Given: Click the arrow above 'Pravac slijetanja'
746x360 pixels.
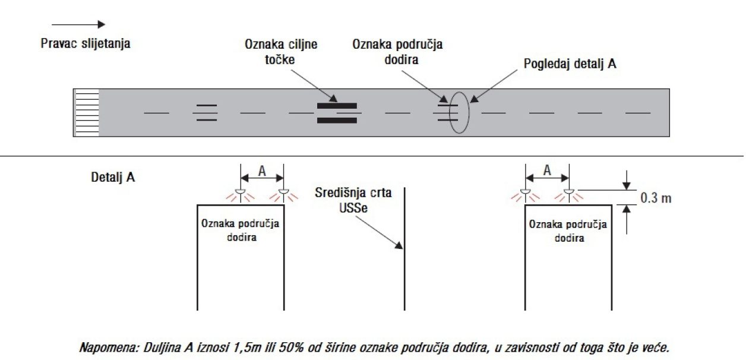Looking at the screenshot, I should coord(78,24).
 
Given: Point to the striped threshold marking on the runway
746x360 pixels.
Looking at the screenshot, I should coord(86,113).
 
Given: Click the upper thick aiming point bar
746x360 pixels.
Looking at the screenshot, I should coord(337,106).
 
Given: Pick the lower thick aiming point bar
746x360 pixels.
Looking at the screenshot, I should coord(337,120).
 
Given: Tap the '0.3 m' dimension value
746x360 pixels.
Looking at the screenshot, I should coord(656,198).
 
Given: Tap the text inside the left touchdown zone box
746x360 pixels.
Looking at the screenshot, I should coord(241,230).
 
